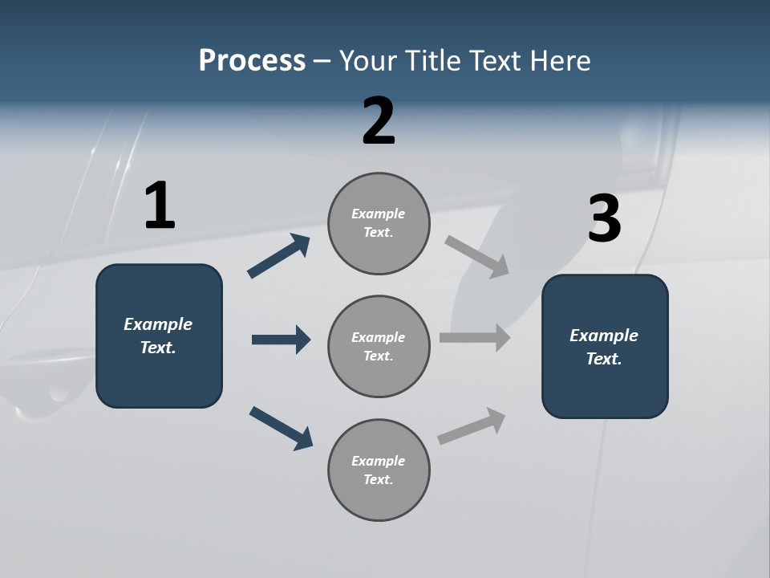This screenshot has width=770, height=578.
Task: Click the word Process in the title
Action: [x=252, y=61]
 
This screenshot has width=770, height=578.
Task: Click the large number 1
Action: [x=160, y=206]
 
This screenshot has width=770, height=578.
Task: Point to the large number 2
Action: [x=379, y=121]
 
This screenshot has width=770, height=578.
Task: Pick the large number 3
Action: [x=604, y=219]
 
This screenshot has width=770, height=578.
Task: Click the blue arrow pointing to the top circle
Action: [x=278, y=257]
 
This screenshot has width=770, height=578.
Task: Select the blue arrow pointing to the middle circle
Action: [x=281, y=340]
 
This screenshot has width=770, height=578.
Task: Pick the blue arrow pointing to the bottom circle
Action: [x=281, y=427]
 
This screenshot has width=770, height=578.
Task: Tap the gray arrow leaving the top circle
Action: [x=477, y=257]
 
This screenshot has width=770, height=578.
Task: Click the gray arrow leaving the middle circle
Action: [x=475, y=338]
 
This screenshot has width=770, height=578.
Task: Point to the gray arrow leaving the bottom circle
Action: [x=472, y=426]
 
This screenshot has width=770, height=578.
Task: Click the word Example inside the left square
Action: [x=158, y=324]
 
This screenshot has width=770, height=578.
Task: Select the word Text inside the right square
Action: [x=603, y=359]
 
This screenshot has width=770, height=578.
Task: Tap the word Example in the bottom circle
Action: [x=378, y=461]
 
